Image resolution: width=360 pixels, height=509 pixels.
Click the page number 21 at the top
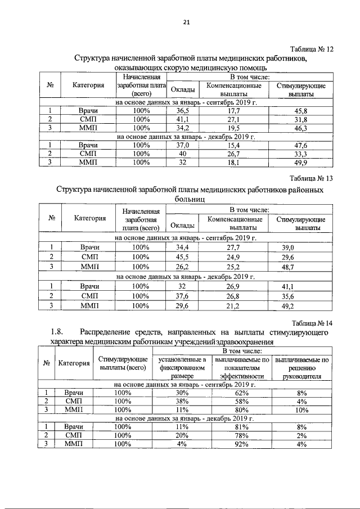click(187, 22)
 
